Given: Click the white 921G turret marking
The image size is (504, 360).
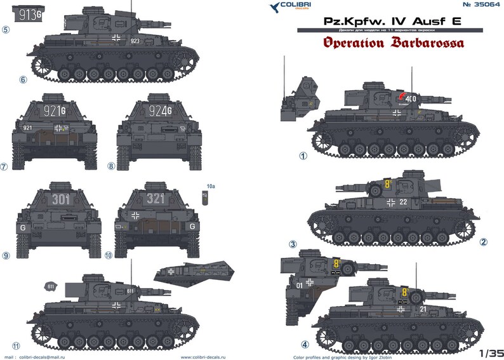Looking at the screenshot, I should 54,110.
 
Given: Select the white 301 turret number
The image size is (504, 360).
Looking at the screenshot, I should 61,199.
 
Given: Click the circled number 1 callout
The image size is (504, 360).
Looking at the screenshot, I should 303,155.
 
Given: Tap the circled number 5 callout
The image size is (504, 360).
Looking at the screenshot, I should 6,29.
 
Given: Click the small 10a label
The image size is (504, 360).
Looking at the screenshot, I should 211,187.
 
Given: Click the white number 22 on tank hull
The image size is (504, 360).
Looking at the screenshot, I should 403,202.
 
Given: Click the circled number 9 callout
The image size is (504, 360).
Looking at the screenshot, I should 6,256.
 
